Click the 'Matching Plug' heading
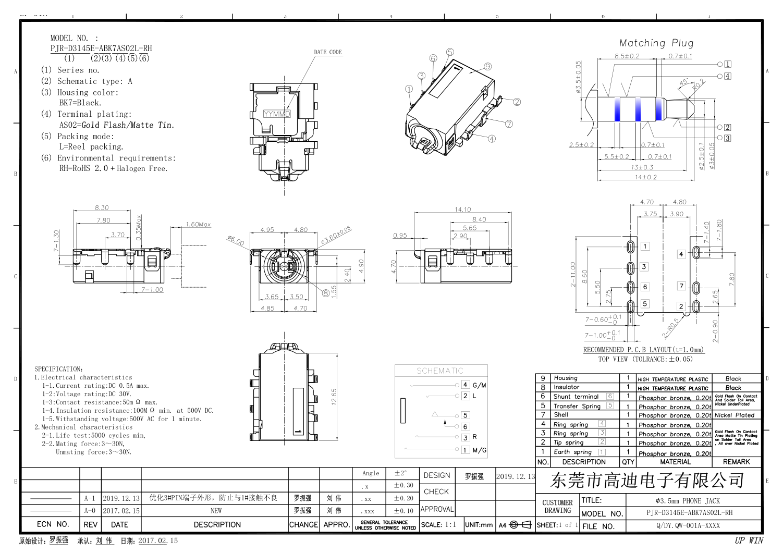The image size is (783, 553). [656, 43]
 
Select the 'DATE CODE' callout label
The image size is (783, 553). [328, 52]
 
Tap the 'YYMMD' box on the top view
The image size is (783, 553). [277, 114]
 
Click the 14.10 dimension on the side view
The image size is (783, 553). [462, 210]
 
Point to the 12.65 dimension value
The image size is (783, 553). [334, 396]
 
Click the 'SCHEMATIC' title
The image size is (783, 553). [439, 371]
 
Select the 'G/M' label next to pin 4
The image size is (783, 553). [479, 385]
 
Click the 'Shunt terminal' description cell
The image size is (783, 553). [576, 397]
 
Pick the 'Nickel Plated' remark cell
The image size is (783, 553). [734, 415]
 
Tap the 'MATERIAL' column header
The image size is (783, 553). [675, 462]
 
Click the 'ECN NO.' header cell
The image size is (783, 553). [53, 524]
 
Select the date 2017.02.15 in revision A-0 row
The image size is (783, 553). [121, 511]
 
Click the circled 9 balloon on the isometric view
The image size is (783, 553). [487, 66]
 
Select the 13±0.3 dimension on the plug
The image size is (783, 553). [642, 167]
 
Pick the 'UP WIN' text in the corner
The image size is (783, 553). [749, 540]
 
